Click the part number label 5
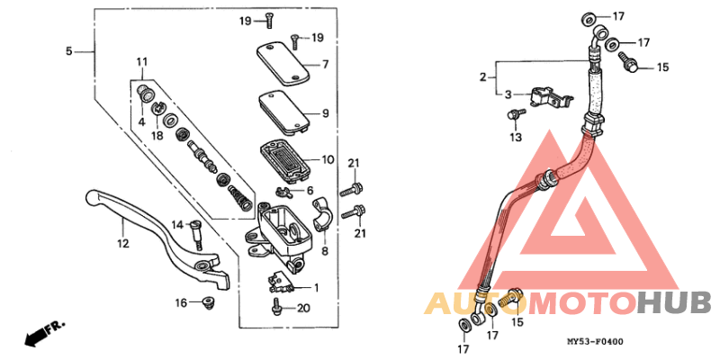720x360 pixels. click(x=69, y=51)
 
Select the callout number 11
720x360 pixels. click(x=141, y=61)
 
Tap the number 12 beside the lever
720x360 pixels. click(x=122, y=243)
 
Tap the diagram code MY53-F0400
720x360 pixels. click(x=595, y=342)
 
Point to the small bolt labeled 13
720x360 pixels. click(x=516, y=116)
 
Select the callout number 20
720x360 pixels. click(x=302, y=309)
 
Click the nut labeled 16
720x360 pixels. click(x=206, y=303)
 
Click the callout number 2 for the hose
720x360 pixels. click(x=482, y=77)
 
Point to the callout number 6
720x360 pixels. click(x=309, y=191)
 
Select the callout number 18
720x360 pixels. click(x=157, y=135)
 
